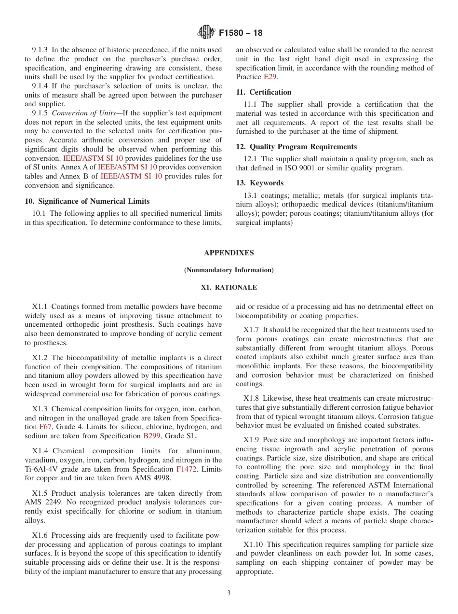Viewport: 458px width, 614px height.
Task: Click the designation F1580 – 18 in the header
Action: pos(241,33)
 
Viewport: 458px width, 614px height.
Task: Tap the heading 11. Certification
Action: pos(264,92)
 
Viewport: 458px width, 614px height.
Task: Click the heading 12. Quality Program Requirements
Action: pos(296,147)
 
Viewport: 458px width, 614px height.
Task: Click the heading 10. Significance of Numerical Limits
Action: pos(87,201)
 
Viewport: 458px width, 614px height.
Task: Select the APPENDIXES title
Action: pos(229,253)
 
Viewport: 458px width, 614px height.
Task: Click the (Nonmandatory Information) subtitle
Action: pos(229,270)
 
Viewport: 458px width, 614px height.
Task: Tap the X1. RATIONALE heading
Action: pos(229,287)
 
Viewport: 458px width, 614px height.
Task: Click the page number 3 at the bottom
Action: pos(229,593)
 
